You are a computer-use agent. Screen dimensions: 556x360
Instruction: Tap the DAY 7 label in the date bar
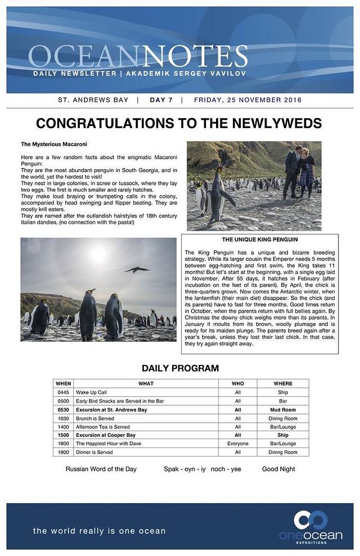pyautogui.click(x=161, y=100)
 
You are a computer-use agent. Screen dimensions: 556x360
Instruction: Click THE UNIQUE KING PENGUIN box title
pyautogui.click(x=259, y=239)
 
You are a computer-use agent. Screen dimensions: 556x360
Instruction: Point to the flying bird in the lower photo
pyautogui.click(x=138, y=270)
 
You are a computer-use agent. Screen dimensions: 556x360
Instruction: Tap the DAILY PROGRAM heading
pyautogui.click(x=180, y=369)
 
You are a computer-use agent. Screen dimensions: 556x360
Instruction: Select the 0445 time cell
pyautogui.click(x=63, y=392)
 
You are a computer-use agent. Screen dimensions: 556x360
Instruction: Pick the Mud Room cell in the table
pyautogui.click(x=283, y=410)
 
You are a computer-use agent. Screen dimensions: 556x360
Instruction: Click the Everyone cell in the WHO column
pyautogui.click(x=238, y=444)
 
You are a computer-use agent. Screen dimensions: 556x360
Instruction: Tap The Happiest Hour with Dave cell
pyautogui.click(x=109, y=444)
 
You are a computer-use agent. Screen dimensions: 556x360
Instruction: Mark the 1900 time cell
pyautogui.click(x=63, y=452)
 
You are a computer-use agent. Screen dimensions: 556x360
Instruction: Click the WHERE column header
pyautogui.click(x=283, y=383)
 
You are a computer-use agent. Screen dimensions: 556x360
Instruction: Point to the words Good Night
pyautogui.click(x=278, y=469)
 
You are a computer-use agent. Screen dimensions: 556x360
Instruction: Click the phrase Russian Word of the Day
pyautogui.click(x=101, y=469)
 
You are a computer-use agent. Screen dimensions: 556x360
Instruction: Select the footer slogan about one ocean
pyautogui.click(x=99, y=531)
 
